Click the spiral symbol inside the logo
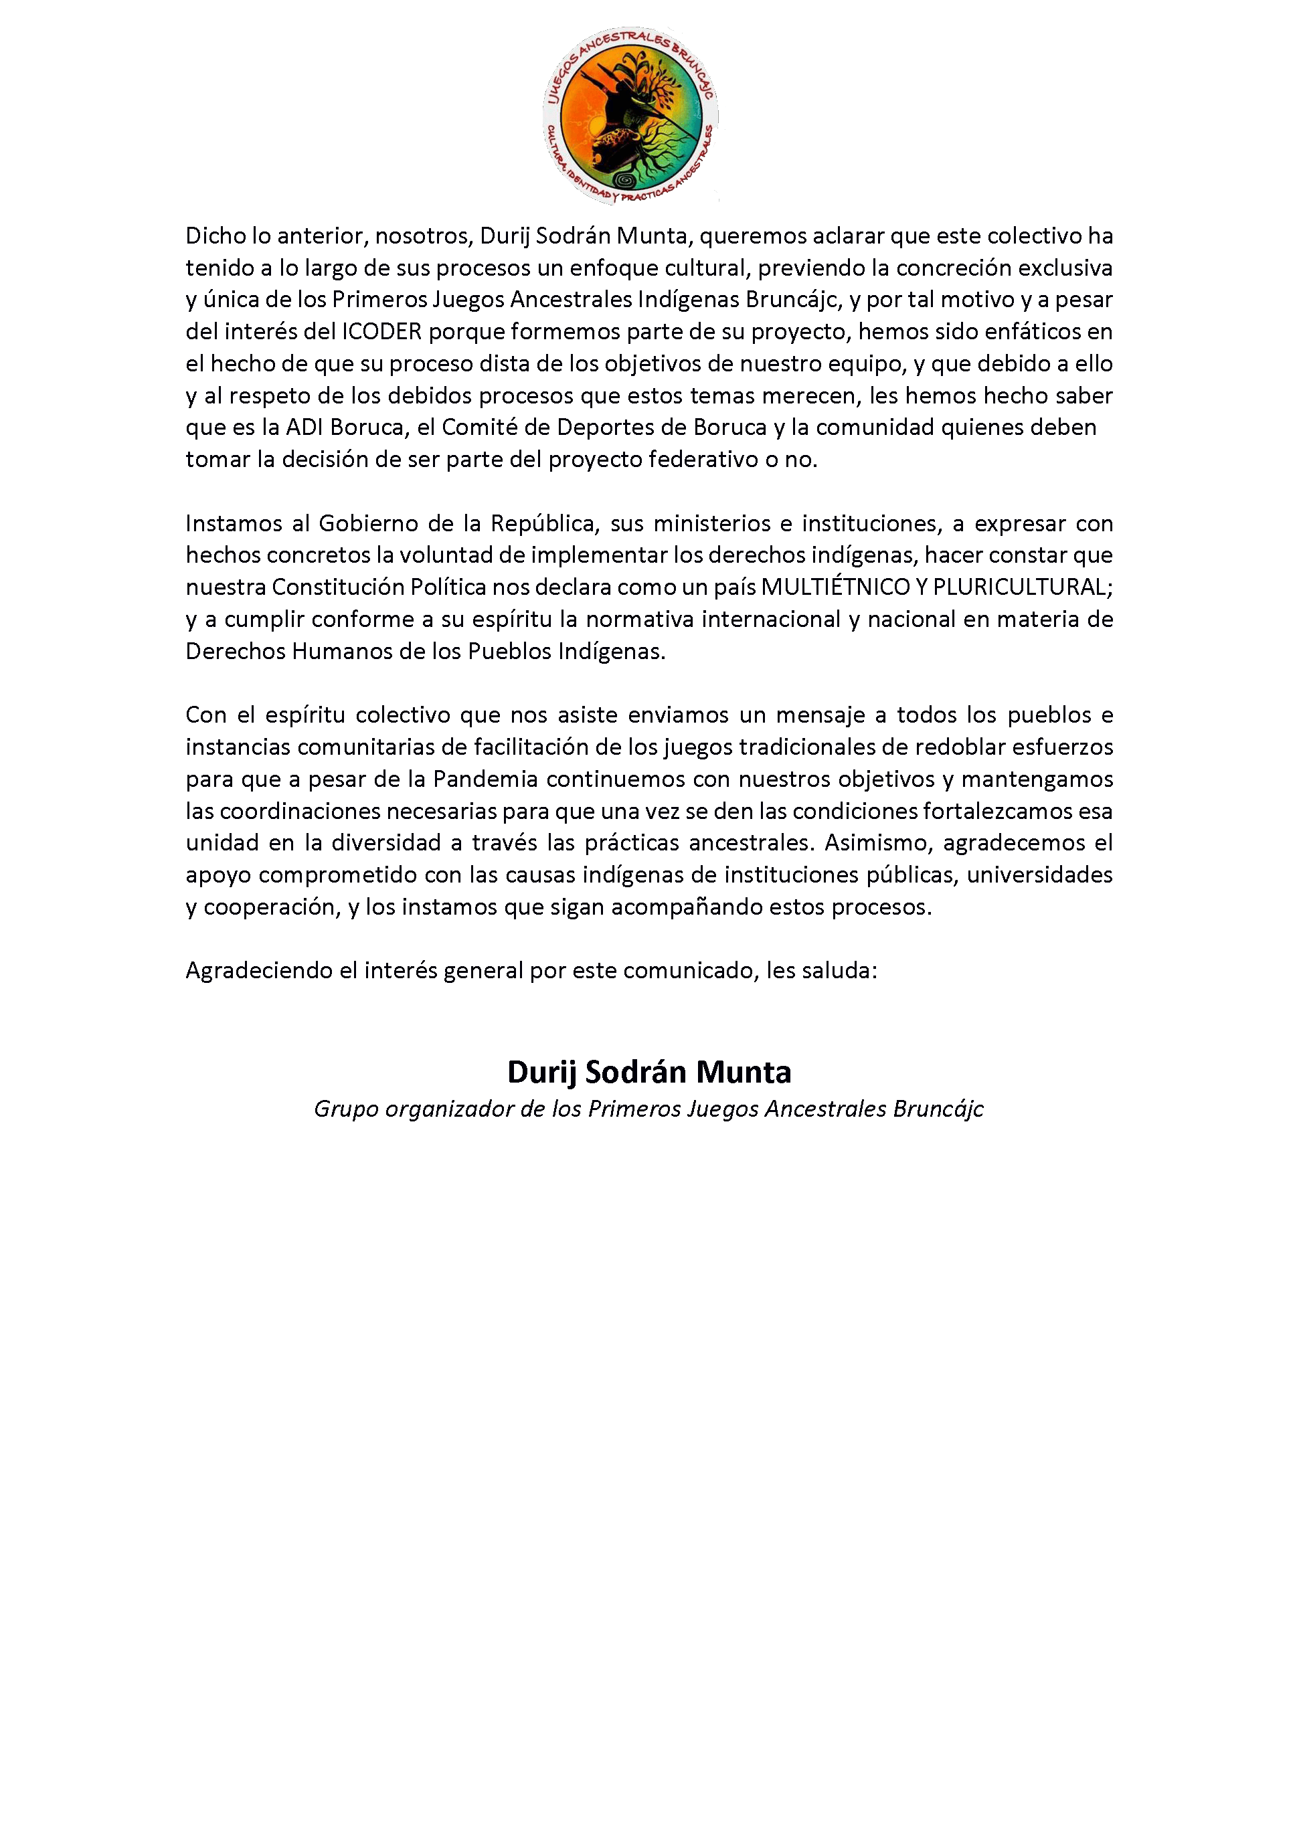[626, 180]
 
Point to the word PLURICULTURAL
[1022, 587]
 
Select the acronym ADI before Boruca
[304, 427]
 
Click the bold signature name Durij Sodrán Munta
[648, 1073]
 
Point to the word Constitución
[337, 587]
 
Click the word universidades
[1039, 875]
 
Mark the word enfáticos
[1033, 331]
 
